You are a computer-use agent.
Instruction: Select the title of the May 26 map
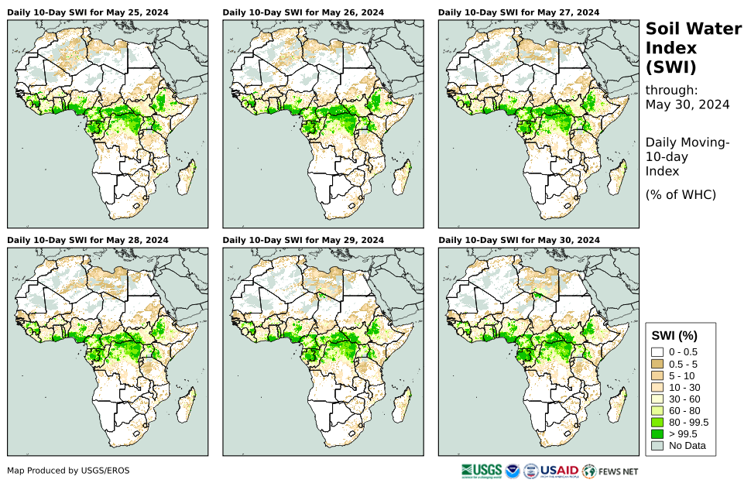[x=303, y=12]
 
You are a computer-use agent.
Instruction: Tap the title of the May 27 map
[x=518, y=12]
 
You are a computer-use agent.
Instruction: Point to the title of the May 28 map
[x=87, y=240]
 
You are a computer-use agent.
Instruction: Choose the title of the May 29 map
[x=303, y=240]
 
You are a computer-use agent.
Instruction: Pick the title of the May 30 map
[x=518, y=240]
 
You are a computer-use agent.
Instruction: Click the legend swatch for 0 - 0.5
[x=658, y=352]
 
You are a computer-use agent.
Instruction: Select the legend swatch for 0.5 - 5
[x=658, y=364]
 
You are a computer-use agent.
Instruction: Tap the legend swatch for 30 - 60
[x=658, y=399]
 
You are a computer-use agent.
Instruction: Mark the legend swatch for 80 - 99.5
[x=658, y=422]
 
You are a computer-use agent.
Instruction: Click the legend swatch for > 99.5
[x=658, y=433]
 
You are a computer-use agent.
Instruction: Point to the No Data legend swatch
[x=658, y=445]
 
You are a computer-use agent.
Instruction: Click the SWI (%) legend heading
[x=675, y=336]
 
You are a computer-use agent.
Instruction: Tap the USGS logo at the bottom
[x=480, y=471]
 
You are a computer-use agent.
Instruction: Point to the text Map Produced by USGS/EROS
[x=68, y=471]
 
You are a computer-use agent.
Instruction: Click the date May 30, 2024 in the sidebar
[x=688, y=104]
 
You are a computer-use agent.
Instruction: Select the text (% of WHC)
[x=681, y=194]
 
